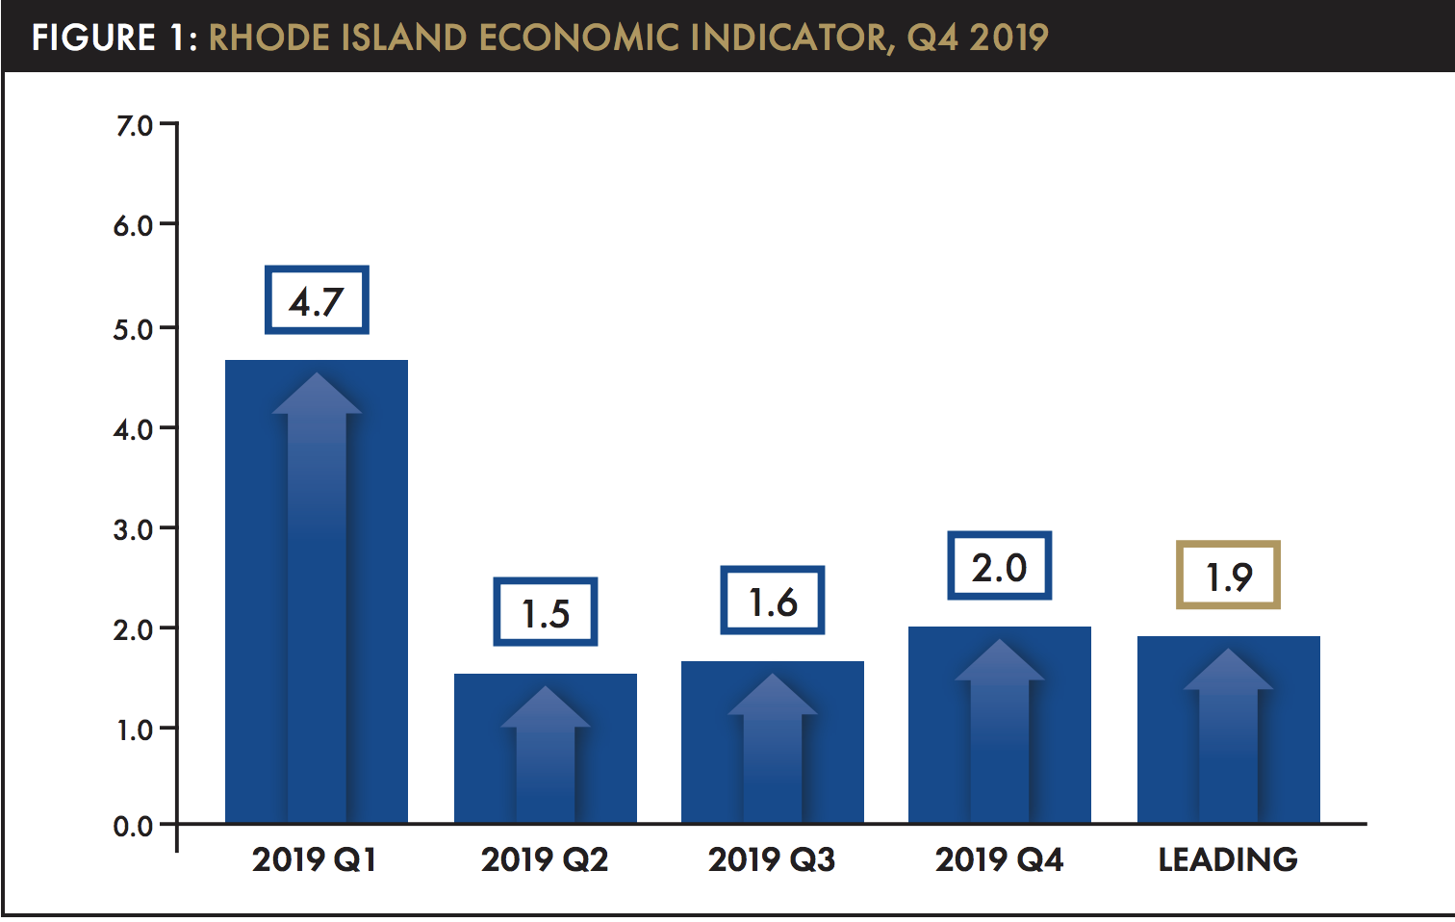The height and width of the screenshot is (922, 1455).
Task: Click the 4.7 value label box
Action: click(317, 300)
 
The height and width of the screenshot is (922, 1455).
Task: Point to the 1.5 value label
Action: click(546, 612)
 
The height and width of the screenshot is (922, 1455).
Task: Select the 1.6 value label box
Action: click(773, 601)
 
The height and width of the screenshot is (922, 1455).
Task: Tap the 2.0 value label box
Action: click(1000, 566)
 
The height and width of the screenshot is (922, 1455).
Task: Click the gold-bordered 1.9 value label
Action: click(1229, 576)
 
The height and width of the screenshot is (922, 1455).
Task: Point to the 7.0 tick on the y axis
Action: click(134, 126)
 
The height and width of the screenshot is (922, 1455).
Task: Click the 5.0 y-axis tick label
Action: click(134, 329)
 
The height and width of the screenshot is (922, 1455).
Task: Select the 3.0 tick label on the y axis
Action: click(134, 529)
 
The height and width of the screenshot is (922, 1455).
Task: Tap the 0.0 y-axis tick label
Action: click(134, 826)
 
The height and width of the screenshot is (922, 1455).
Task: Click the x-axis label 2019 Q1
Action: click(315, 858)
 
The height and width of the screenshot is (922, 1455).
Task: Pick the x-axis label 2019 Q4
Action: click(999, 858)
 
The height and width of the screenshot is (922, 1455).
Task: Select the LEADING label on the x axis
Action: click(1228, 858)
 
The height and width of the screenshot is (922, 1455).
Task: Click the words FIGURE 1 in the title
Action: click(114, 38)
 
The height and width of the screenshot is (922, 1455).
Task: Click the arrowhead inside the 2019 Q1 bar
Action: click(317, 395)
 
